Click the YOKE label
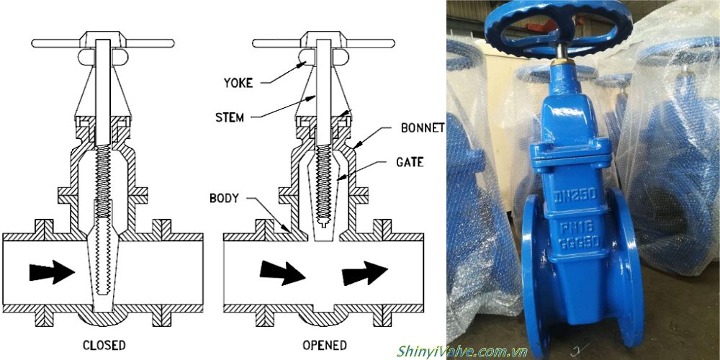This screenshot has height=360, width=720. (238, 83)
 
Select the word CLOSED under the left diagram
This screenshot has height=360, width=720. (104, 344)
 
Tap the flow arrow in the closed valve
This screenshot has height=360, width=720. (52, 272)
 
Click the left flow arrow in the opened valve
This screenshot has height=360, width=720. (282, 272)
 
